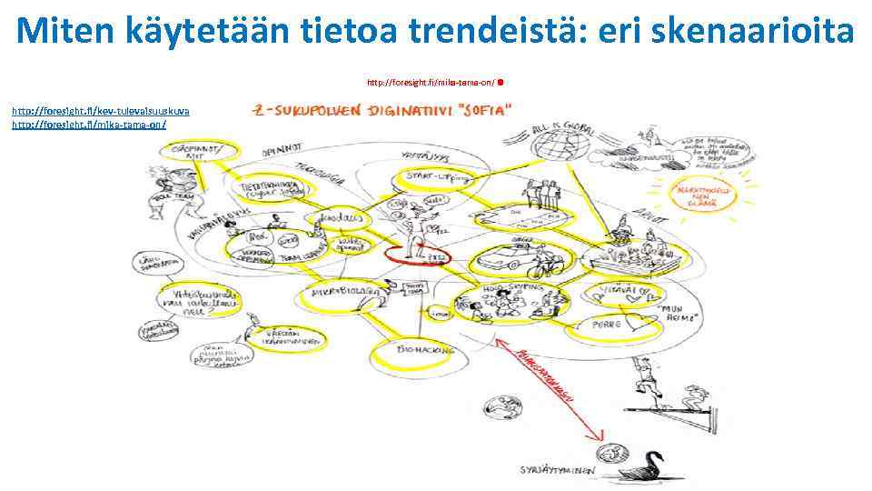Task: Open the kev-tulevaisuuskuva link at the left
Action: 100,110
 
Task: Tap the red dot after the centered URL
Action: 501,82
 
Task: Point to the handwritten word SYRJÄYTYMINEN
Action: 559,470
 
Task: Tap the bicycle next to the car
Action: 542,268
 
